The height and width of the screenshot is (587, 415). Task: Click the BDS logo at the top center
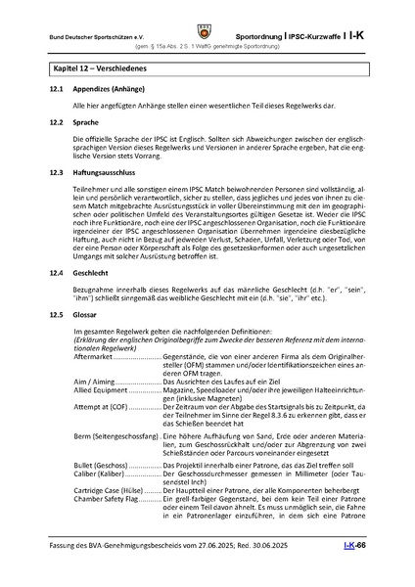207,19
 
